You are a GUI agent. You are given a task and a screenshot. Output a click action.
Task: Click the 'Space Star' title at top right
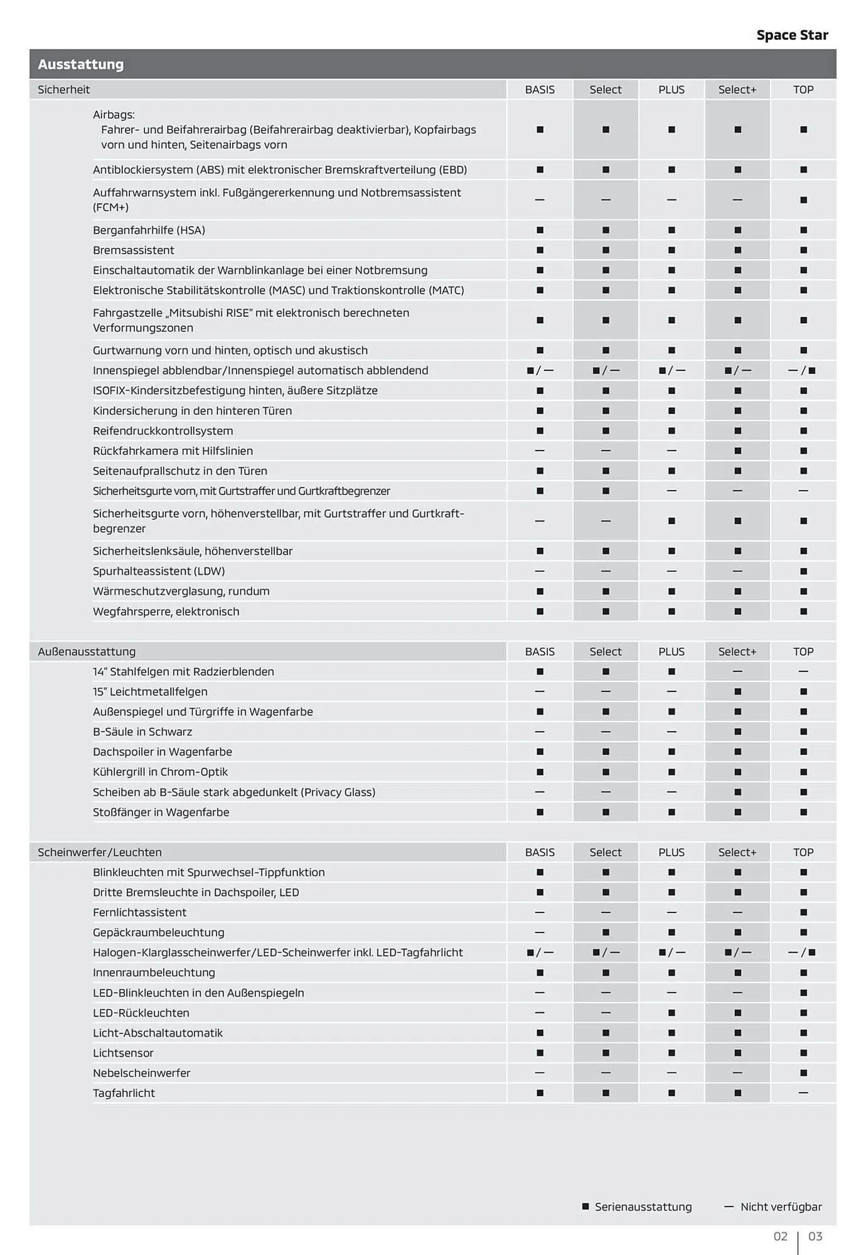point(792,35)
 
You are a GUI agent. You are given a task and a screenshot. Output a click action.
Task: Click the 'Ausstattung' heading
point(81,64)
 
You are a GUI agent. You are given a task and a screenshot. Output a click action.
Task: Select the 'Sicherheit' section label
point(64,90)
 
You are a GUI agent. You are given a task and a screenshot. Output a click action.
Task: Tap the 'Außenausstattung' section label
point(87,651)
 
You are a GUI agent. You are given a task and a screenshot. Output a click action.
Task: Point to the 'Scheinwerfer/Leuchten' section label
point(100,852)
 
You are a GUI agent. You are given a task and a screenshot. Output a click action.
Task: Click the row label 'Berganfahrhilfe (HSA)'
point(149,230)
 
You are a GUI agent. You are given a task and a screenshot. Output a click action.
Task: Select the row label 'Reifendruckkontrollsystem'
point(163,431)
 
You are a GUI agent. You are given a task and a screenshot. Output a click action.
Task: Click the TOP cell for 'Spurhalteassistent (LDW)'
point(803,571)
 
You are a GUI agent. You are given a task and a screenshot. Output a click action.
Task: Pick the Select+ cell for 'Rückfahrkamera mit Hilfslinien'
point(737,451)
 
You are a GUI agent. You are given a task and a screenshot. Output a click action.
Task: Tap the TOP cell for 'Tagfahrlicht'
point(803,1093)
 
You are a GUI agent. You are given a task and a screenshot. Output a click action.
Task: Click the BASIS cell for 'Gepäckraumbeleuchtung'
point(540,932)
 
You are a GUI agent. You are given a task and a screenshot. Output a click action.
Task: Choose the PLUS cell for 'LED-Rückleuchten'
point(671,1013)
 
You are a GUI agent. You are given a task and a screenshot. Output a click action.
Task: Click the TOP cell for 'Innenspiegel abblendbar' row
point(803,370)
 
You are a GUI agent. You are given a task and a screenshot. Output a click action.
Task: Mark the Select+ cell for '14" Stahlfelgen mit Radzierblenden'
point(737,671)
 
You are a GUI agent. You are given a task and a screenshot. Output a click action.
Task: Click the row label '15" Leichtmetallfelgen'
point(150,692)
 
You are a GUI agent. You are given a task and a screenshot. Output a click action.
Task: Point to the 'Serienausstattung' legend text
point(643,1207)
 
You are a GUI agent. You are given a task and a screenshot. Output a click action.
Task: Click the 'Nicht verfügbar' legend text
point(781,1207)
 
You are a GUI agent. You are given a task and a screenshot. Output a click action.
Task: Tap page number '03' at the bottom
point(815,1236)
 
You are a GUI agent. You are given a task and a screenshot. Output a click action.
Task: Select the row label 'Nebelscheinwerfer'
point(141,1073)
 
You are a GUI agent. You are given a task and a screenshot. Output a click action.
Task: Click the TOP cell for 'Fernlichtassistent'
point(803,912)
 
